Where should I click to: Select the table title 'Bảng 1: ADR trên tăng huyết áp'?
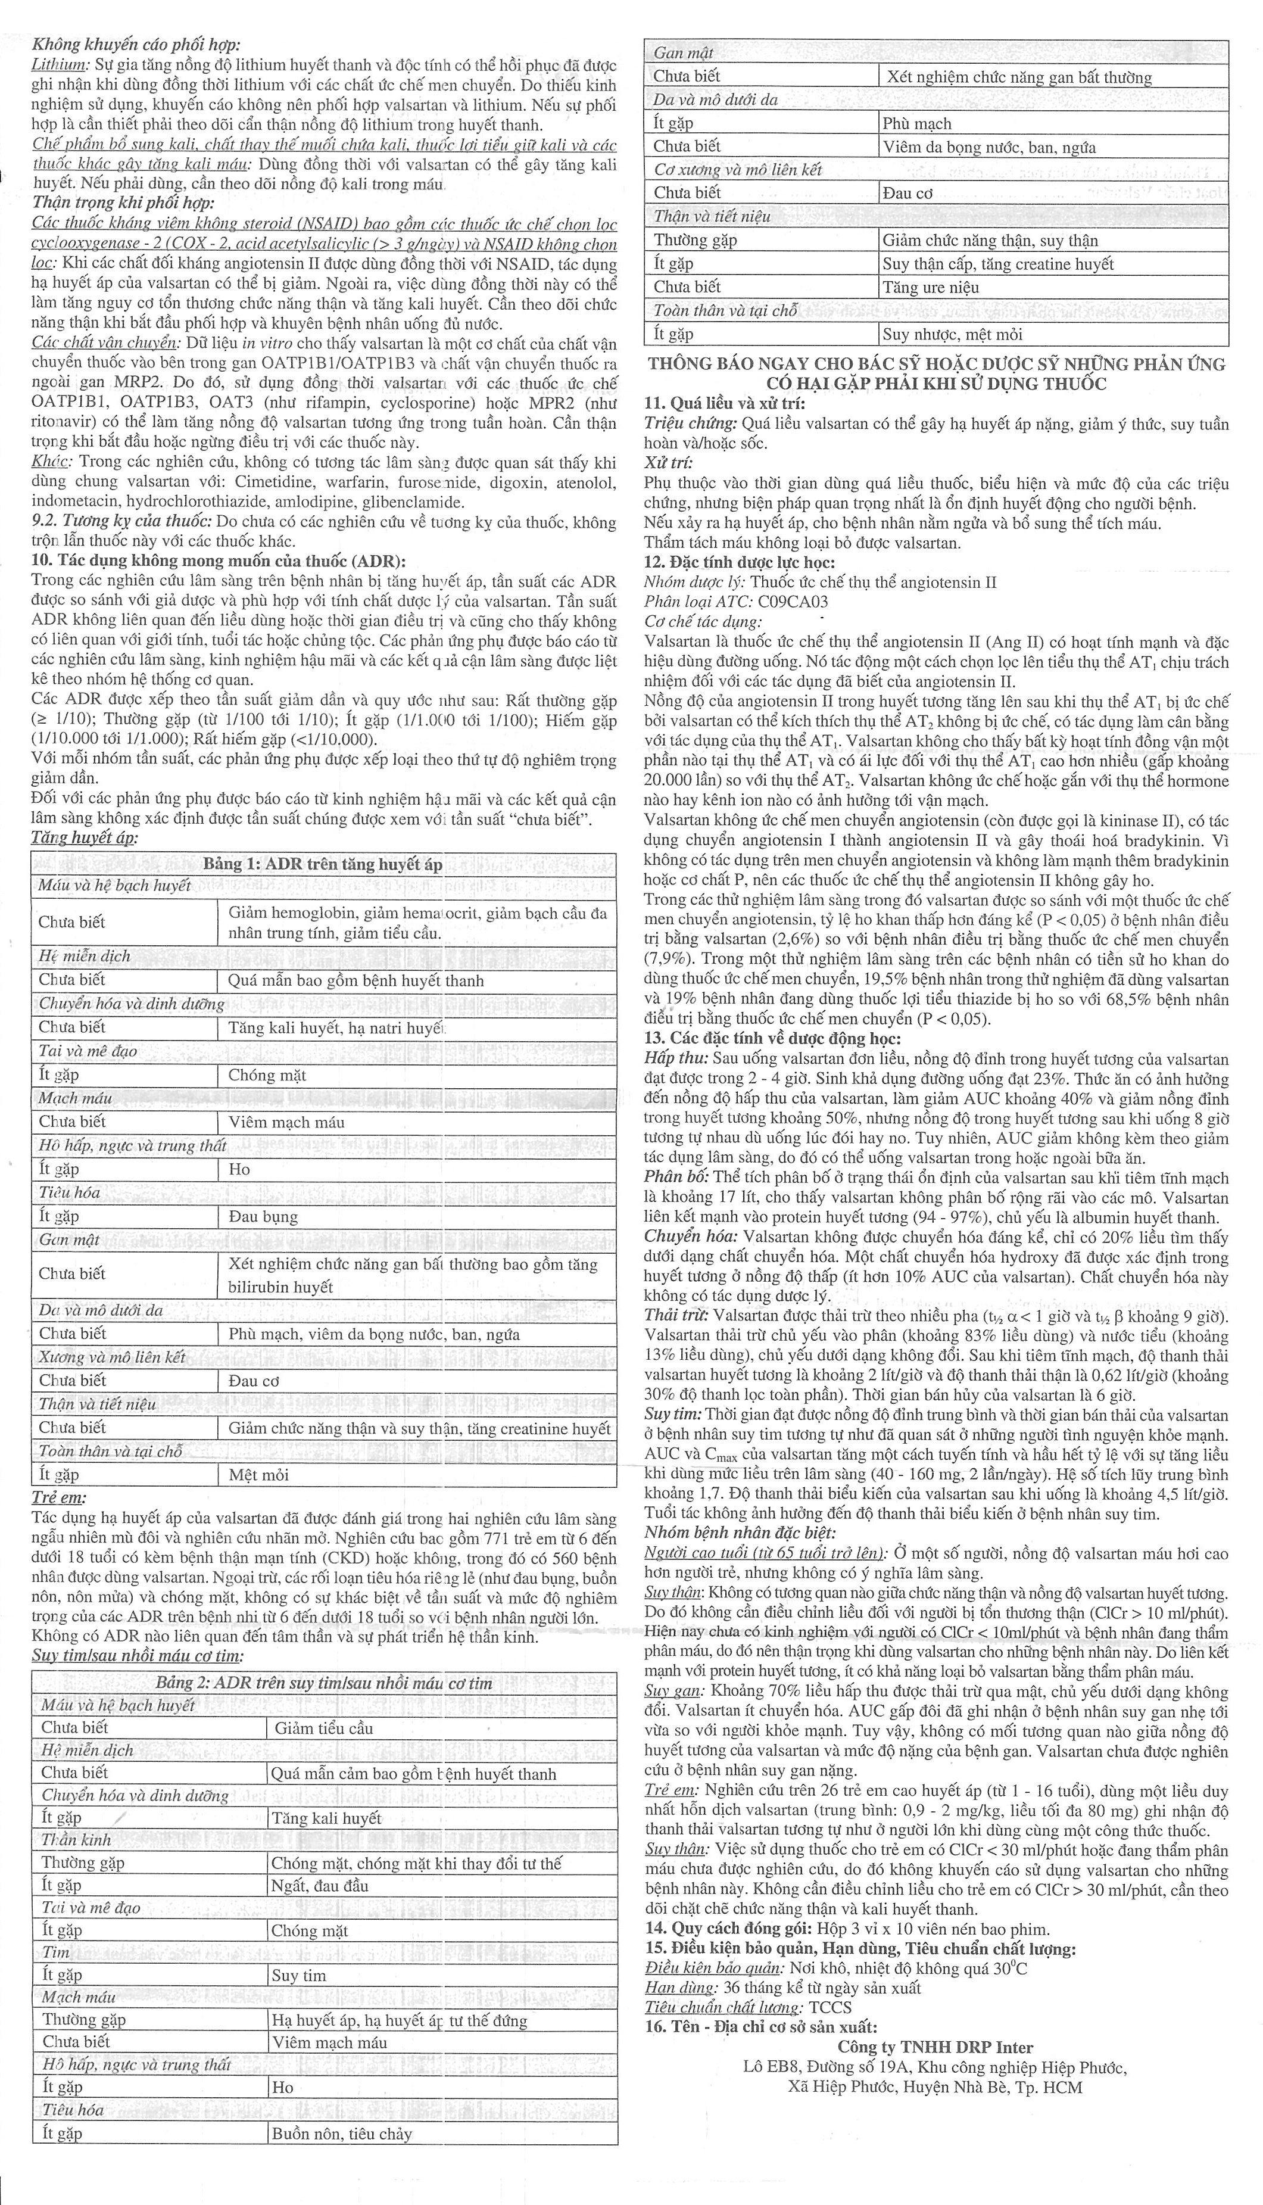[323, 864]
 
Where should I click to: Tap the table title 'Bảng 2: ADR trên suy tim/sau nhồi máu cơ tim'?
[323, 1683]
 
